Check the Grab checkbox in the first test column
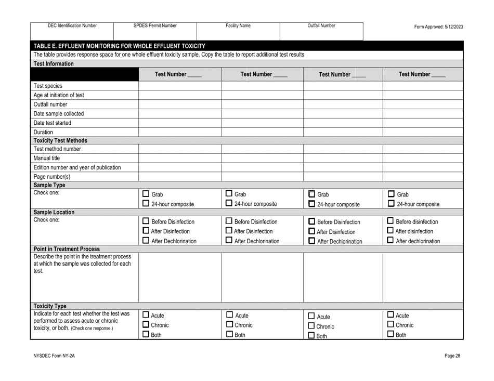point(146,194)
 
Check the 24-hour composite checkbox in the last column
point(392,204)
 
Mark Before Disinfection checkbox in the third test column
point(311,222)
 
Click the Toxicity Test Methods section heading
point(60,140)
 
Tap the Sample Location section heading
point(54,212)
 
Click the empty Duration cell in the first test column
point(179,132)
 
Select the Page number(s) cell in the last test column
point(422,177)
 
